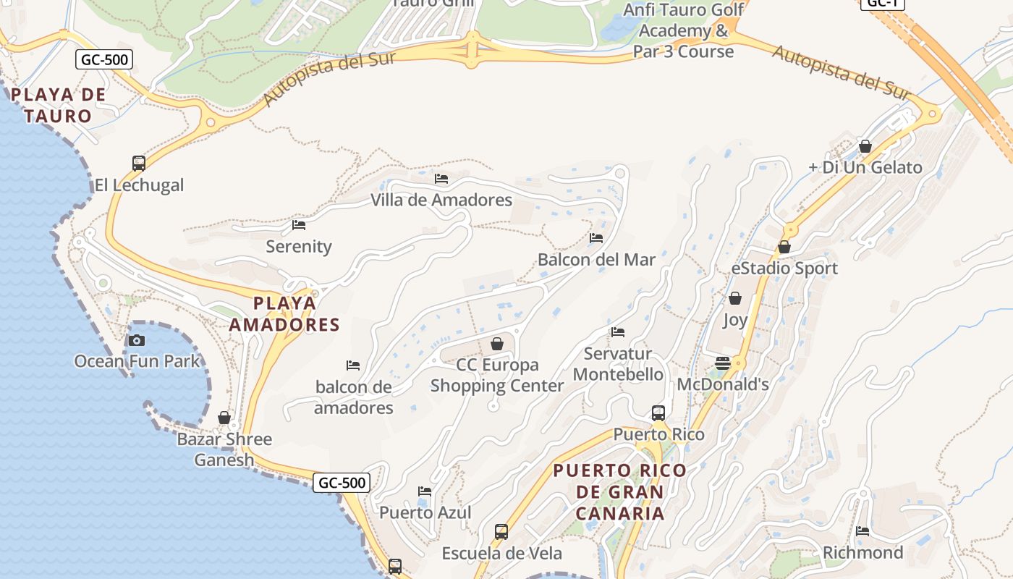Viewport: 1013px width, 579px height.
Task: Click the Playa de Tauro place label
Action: coord(58,105)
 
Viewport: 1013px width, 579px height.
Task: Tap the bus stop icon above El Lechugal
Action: coord(139,164)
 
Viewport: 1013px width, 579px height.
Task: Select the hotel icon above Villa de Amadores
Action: coord(441,179)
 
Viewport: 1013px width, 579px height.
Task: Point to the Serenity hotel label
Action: coord(298,247)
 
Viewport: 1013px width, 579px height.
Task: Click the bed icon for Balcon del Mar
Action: coord(596,237)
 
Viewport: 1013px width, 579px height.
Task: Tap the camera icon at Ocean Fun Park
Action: coord(137,340)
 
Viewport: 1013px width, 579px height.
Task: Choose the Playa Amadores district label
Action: coord(284,314)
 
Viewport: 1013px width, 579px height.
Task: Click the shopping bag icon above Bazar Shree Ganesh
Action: coord(224,418)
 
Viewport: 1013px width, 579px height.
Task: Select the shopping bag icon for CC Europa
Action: coord(497,343)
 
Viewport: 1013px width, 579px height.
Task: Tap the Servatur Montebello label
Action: coord(617,364)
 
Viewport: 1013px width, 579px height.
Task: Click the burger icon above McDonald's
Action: coord(723,363)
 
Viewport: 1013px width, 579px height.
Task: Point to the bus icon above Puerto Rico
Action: coord(658,413)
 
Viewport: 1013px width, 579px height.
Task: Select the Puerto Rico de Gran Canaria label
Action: coord(619,492)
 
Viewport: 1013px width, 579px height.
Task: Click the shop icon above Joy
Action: coord(735,298)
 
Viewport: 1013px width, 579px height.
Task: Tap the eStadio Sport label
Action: coord(784,269)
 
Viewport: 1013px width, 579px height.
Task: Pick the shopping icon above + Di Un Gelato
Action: coord(865,146)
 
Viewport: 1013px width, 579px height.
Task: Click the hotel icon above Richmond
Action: coord(862,531)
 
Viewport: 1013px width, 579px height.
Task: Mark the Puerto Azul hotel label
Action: coord(425,513)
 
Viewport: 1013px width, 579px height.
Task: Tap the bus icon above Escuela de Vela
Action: coord(501,532)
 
